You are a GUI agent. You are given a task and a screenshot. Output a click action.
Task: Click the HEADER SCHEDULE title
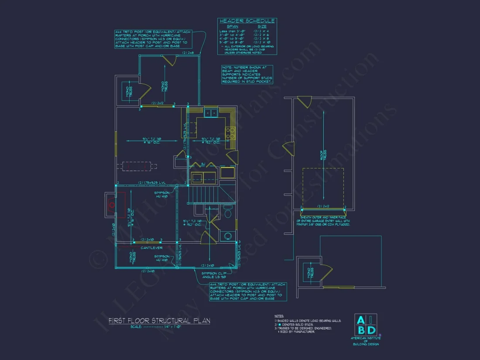pyautogui.click(x=247, y=21)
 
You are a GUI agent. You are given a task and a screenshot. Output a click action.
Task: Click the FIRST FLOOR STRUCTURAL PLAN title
pyautogui.click(x=159, y=321)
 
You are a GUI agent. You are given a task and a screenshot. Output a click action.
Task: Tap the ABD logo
pyautogui.click(x=366, y=325)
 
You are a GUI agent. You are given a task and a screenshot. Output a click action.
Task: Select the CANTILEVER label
pyautogui.click(x=151, y=248)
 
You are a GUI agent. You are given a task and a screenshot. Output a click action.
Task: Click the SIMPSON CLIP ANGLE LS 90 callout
pyautogui.click(x=213, y=275)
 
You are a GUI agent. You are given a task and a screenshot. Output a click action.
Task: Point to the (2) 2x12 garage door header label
pyautogui.click(x=323, y=206)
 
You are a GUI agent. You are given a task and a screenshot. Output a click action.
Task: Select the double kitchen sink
pyautogui.click(x=211, y=113)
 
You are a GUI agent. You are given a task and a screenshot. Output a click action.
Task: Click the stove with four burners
pyautogui.click(x=230, y=131)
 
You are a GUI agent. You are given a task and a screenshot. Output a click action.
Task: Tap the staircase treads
pyautogui.click(x=203, y=193)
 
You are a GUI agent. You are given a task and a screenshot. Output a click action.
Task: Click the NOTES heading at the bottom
pyautogui.click(x=279, y=315)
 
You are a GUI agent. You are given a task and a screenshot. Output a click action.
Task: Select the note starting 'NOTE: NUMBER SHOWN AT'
pyautogui.click(x=247, y=74)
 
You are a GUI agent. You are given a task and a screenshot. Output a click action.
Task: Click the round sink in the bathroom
pyautogui.click(x=227, y=236)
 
